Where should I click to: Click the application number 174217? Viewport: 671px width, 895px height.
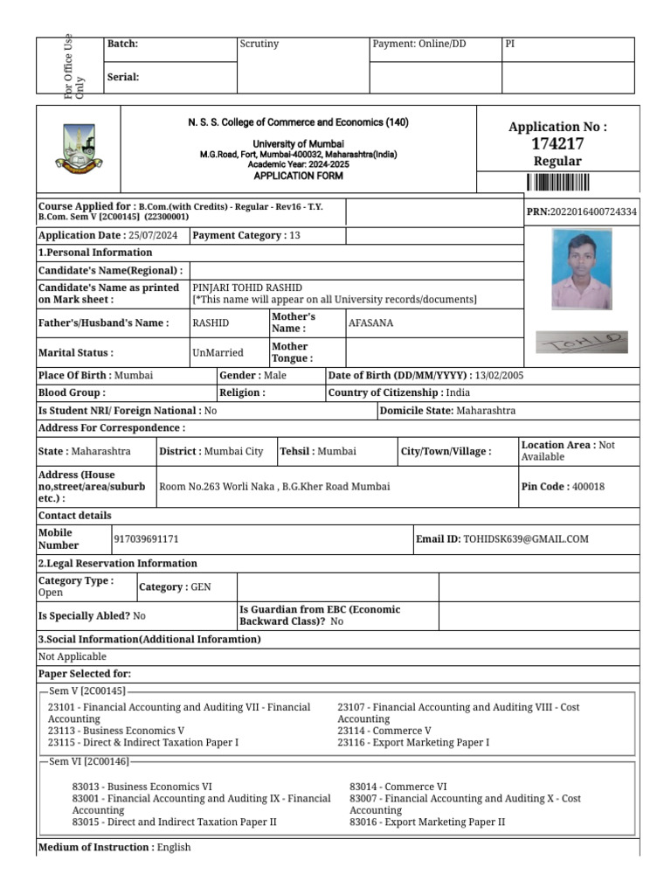[557, 144]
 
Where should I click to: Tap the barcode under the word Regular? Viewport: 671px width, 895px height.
[557, 183]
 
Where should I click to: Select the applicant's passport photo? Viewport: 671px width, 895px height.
[581, 269]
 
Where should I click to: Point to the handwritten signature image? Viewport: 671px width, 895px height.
[581, 342]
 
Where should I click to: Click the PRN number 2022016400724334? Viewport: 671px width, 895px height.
[593, 212]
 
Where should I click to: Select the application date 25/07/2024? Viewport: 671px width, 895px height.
[153, 236]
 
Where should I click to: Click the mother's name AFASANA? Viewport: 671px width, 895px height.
[370, 323]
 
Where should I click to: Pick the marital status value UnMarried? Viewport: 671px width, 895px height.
[218, 353]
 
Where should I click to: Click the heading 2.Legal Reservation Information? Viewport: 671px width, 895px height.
[118, 564]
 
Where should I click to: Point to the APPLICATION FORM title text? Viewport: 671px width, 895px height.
[298, 176]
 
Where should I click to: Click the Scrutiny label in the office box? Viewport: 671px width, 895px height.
[259, 44]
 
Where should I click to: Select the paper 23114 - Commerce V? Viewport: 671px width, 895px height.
[384, 731]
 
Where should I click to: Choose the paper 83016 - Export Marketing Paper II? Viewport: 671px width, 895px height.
[427, 822]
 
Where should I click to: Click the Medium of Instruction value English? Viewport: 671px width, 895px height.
[174, 848]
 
